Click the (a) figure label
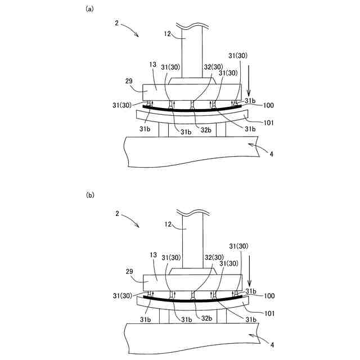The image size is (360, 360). click(x=88, y=9)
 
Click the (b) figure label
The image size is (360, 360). click(x=89, y=195)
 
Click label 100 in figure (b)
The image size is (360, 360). click(x=267, y=295)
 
